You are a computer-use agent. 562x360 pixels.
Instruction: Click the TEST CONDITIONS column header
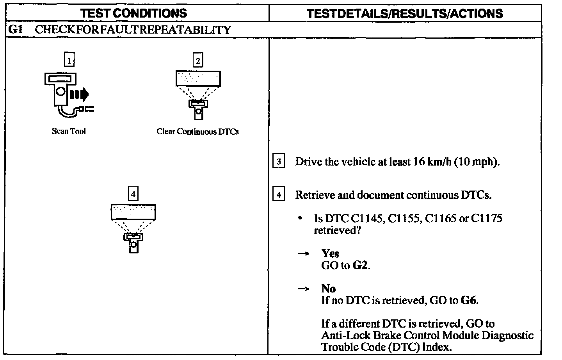[x=133, y=13]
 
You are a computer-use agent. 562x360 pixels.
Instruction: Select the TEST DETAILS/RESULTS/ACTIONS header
[x=405, y=14]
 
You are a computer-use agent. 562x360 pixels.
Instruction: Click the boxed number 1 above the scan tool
[x=69, y=60]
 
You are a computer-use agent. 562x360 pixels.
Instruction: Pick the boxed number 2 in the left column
[x=198, y=61]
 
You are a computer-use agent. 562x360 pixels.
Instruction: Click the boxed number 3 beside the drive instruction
[x=278, y=161]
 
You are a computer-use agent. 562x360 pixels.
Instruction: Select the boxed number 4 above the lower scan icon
[x=133, y=194]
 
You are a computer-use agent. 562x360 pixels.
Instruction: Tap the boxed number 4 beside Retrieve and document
[x=278, y=194]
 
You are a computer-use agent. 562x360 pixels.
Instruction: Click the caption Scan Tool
[x=69, y=131]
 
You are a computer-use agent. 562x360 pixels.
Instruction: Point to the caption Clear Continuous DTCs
[x=197, y=132]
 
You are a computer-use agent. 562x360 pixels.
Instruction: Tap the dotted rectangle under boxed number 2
[x=198, y=78]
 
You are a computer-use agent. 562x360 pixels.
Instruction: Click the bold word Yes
[x=330, y=253]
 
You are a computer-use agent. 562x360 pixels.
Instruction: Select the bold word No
[x=329, y=289]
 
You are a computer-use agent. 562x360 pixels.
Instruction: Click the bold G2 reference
[x=360, y=266]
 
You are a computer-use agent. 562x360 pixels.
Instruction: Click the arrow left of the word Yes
[x=304, y=253]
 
